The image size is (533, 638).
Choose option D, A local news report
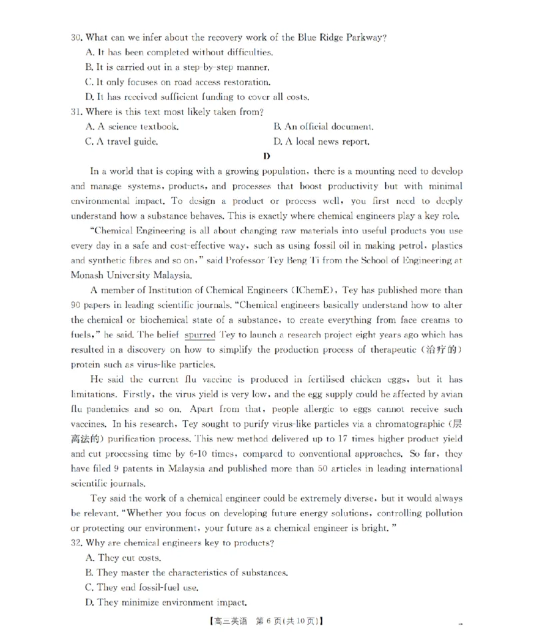coord(321,141)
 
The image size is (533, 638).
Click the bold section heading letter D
coord(266,157)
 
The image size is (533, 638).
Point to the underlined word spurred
coord(200,335)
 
